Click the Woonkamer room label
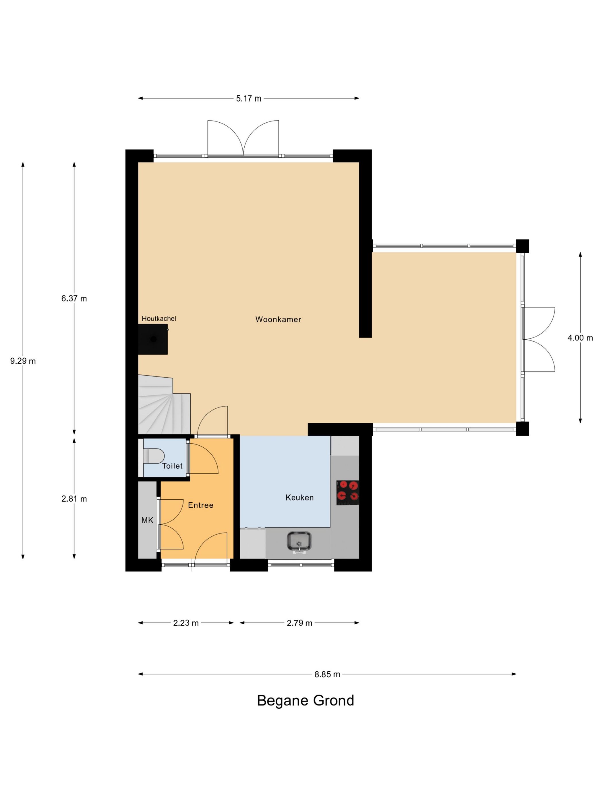[x=278, y=320]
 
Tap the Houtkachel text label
[x=159, y=319]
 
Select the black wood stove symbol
[x=153, y=339]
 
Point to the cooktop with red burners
[x=347, y=492]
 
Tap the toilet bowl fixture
[x=153, y=456]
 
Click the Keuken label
[x=299, y=498]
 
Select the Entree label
[x=201, y=505]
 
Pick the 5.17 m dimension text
[x=249, y=98]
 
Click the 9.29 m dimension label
[x=23, y=361]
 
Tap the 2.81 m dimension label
[x=74, y=499]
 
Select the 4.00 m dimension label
[x=580, y=338]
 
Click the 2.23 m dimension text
[x=186, y=623]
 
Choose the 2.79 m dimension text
[x=299, y=623]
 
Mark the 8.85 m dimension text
[x=327, y=674]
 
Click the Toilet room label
[x=172, y=466]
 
